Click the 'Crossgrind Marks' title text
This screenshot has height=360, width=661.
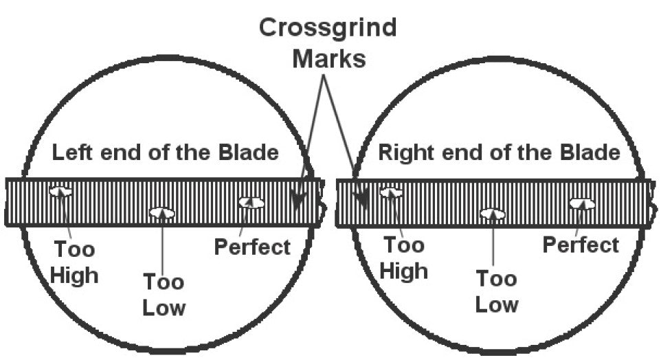click(x=328, y=43)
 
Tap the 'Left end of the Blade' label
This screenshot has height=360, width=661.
click(x=165, y=153)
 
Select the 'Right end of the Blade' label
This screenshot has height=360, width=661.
click(x=499, y=153)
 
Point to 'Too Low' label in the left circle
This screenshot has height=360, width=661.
click(x=164, y=294)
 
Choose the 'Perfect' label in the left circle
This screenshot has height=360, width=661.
click(x=252, y=247)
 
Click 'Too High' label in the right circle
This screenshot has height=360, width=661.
click(x=404, y=258)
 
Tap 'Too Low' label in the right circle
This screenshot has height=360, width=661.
click(x=496, y=291)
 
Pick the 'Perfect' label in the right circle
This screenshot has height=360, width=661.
click(x=581, y=245)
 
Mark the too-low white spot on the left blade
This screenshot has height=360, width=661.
click(x=162, y=213)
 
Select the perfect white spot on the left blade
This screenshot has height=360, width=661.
click(x=251, y=202)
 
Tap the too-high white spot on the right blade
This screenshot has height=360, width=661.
click(x=391, y=193)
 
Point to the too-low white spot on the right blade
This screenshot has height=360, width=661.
click(x=492, y=214)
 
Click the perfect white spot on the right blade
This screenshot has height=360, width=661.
click(x=581, y=203)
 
